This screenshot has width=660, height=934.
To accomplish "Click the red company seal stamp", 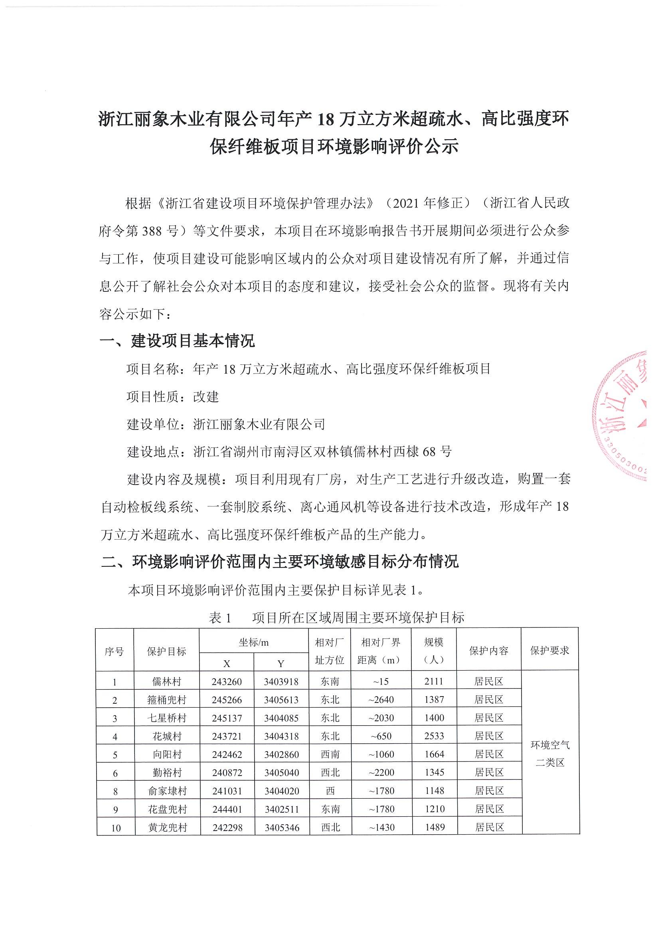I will (626, 415).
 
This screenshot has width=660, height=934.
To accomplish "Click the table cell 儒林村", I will (166, 681).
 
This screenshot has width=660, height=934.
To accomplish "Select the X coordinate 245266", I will (227, 700).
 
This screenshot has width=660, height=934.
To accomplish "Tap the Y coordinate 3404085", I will (281, 718).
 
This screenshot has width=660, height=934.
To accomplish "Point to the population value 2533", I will (434, 736).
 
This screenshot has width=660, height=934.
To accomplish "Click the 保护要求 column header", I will (549, 651).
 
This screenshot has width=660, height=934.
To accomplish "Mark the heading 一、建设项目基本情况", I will (177, 341).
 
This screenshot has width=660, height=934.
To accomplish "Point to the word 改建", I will (206, 397).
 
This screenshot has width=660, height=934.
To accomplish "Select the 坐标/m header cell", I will (254, 642).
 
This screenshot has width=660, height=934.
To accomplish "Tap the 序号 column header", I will (114, 651).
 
